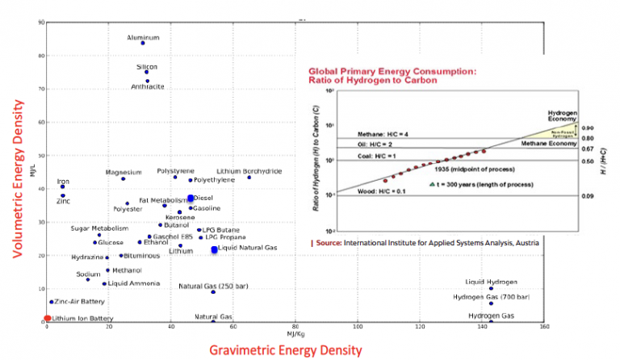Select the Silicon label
146,66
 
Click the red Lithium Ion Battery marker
47,319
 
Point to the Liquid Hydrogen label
490,282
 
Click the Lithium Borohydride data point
249,178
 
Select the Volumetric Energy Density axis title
16,174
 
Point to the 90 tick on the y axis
41,21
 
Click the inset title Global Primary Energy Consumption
379,71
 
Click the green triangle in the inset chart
433,184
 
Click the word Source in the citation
328,241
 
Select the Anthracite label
148,87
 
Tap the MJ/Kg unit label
295,333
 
